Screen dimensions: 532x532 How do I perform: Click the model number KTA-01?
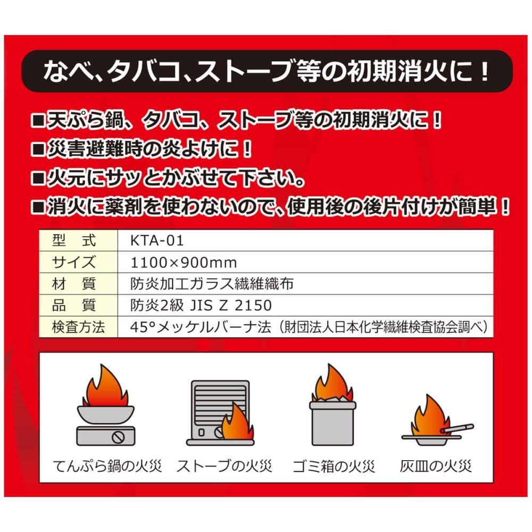[157, 240]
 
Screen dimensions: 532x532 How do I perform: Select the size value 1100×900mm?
[184, 263]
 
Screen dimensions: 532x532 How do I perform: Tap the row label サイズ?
[74, 262]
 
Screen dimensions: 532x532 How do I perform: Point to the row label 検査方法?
[78, 327]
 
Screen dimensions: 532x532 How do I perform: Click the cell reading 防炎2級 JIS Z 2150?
[201, 305]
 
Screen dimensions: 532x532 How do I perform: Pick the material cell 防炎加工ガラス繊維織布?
[212, 284]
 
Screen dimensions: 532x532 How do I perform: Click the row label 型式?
[74, 240]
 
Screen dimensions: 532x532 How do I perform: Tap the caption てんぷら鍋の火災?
[107, 466]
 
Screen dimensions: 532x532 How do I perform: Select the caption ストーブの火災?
[225, 466]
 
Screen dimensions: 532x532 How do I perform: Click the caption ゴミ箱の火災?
[334, 466]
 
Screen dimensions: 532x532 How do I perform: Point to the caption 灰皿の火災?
[436, 466]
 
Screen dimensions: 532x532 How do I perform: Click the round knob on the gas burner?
[119, 437]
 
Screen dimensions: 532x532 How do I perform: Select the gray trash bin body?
[333, 424]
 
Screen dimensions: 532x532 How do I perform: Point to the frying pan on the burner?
[105, 414]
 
